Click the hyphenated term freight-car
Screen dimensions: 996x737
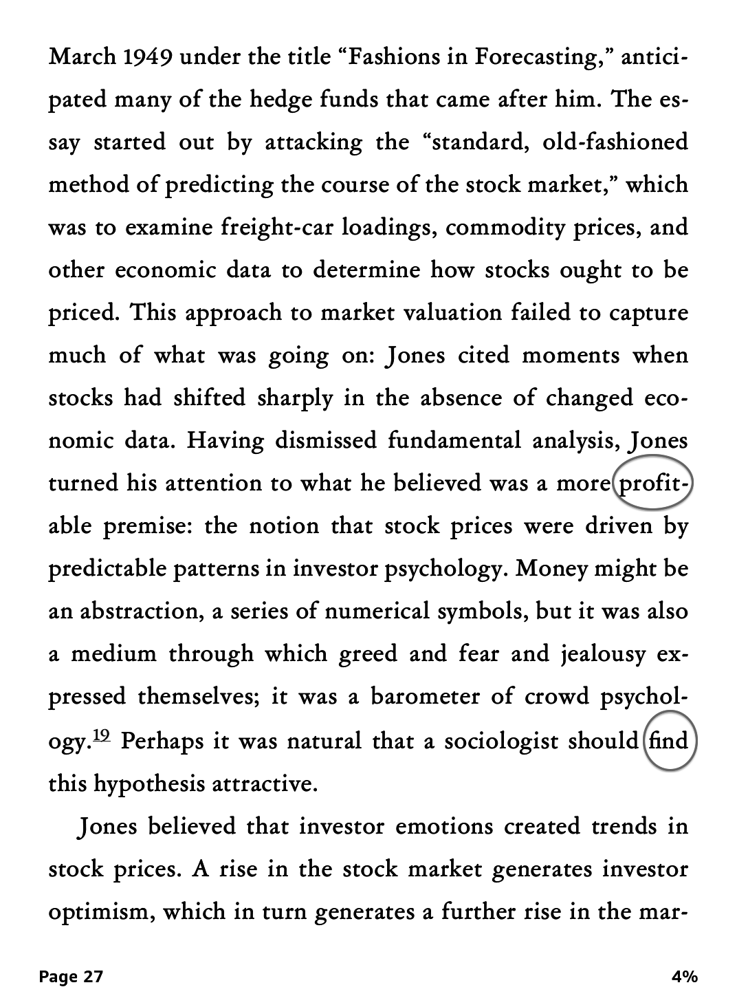click(276, 227)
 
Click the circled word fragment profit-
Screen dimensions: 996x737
click(653, 484)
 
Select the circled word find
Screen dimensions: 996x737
click(669, 741)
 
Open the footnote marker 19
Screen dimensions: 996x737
click(101, 736)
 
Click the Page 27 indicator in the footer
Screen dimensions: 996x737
click(71, 977)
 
